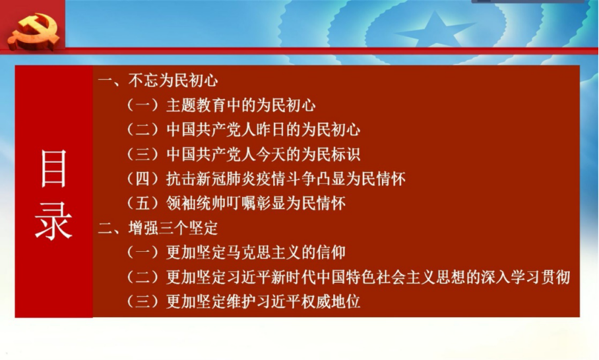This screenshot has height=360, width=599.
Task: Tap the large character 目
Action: pyautogui.click(x=53, y=168)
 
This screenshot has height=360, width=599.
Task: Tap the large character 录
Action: pyautogui.click(x=53, y=221)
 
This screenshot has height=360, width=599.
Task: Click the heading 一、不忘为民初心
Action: pyautogui.click(x=158, y=80)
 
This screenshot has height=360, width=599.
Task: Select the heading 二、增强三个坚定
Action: pyautogui.click(x=158, y=228)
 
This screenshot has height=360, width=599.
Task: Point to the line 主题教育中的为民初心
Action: pyautogui.click(x=241, y=105)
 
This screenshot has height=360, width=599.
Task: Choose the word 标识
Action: pyautogui.click(x=346, y=154)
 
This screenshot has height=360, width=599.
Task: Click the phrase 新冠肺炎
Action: pyautogui.click(x=226, y=179)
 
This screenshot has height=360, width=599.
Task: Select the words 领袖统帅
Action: pyautogui.click(x=196, y=203)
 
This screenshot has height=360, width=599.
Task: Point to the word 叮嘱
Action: pyautogui.click(x=241, y=203)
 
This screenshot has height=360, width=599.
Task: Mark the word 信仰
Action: pyautogui.click(x=331, y=253)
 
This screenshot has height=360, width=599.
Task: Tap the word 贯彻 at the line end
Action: pyautogui.click(x=555, y=277)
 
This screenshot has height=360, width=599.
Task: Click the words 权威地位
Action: pyautogui.click(x=331, y=301)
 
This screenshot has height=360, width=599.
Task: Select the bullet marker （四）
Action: pyautogui.click(x=142, y=179)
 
